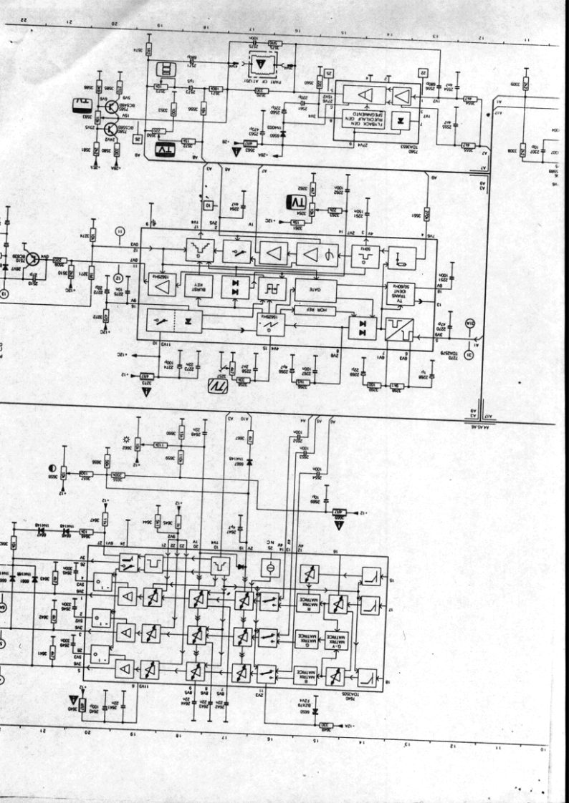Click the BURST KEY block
point(198,286)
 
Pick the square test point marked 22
point(424,73)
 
